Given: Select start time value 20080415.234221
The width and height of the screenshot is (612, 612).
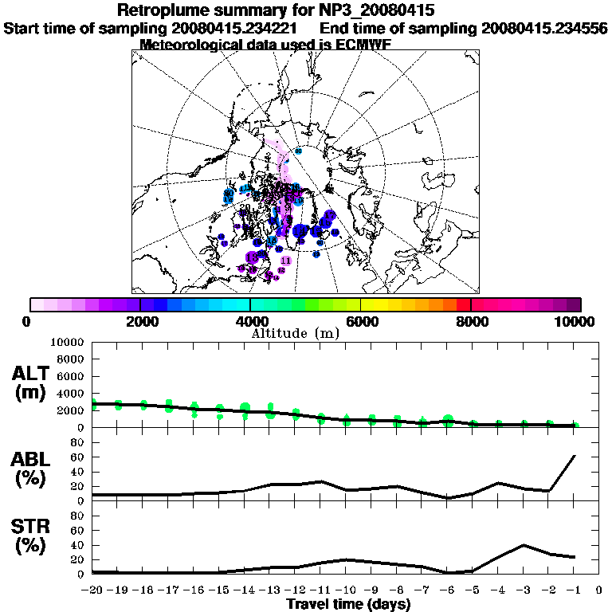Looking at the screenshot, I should click(x=242, y=28).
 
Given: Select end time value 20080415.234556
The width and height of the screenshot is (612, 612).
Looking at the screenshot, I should click(x=544, y=28).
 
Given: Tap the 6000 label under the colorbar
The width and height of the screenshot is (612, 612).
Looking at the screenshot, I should click(x=361, y=321).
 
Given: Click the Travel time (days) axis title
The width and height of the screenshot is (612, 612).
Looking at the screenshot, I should click(x=348, y=605).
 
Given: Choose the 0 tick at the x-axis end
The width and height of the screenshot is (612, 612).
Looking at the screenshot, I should click(x=598, y=590).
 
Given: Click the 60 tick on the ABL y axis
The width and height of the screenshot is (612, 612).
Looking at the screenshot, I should click(x=78, y=457).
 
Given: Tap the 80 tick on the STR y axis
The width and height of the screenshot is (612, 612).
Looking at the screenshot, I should click(x=78, y=516).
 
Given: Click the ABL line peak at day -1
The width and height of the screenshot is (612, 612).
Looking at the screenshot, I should click(x=575, y=456).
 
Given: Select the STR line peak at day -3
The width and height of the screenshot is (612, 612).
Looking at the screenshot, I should click(x=524, y=545).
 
